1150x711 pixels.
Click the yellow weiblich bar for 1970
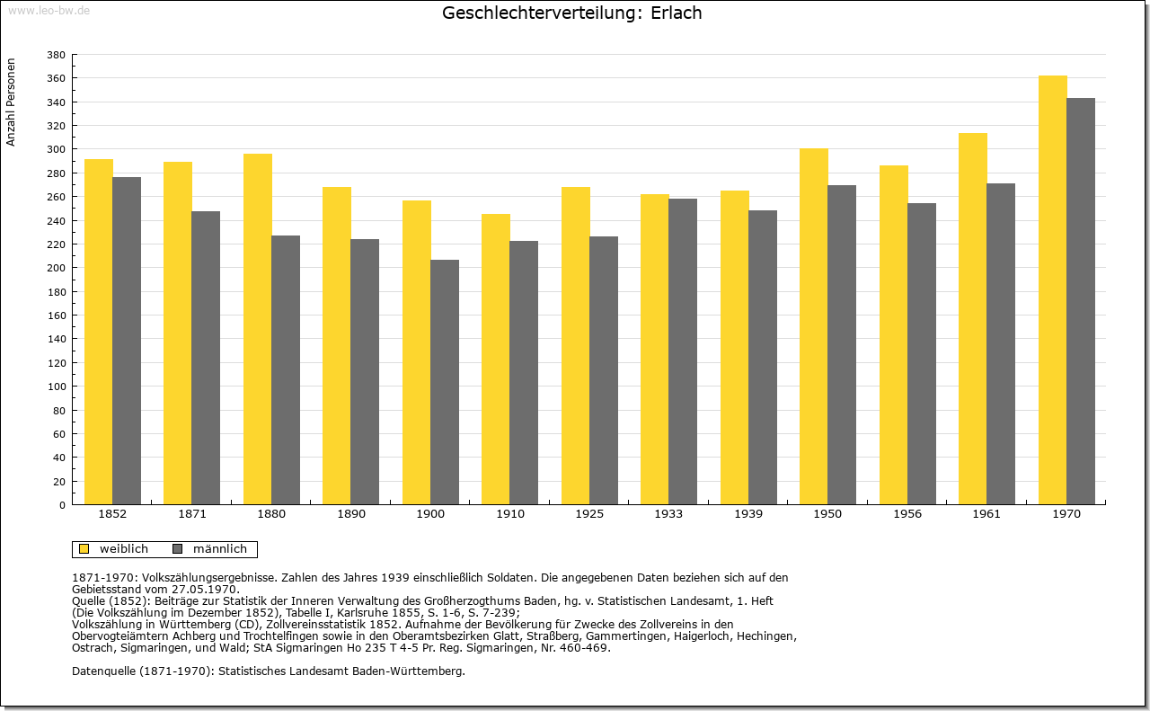click(1052, 290)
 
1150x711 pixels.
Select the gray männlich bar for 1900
click(445, 382)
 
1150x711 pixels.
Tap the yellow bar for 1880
click(258, 329)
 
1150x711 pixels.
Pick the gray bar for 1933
click(683, 351)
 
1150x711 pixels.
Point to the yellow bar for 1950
click(814, 326)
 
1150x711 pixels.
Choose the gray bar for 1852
click(127, 341)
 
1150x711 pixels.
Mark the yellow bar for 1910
click(496, 360)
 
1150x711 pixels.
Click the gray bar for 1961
click(1001, 344)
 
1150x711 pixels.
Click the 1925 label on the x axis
click(589, 514)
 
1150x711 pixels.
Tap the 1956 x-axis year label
click(907, 514)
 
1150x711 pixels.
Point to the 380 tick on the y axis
click(56, 55)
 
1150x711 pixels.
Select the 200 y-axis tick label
click(56, 268)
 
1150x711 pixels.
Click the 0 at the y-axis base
click(62, 505)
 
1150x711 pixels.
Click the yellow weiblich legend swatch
click(84, 549)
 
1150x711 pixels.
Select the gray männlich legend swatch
click(178, 549)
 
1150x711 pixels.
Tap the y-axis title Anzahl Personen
click(11, 102)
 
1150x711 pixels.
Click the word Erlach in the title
click(677, 13)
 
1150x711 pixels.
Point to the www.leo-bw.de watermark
click(49, 10)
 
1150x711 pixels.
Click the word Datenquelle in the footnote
click(103, 671)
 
